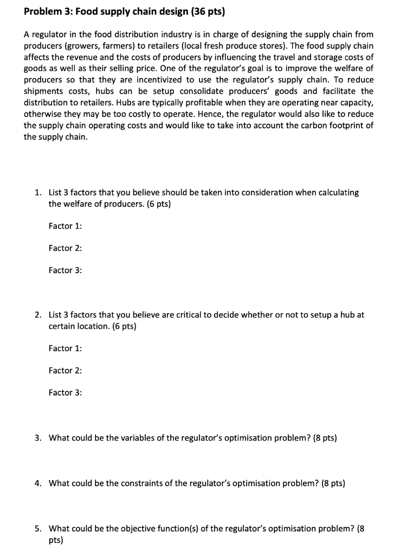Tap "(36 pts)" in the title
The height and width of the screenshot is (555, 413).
[205, 10]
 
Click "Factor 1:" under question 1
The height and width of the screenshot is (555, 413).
[65, 226]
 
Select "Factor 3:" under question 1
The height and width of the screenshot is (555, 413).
[65, 270]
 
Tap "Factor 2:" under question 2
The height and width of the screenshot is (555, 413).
[65, 371]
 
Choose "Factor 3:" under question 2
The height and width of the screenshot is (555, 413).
[65, 392]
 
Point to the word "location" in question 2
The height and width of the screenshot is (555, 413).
[82, 326]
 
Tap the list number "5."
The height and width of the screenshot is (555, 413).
[38, 528]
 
